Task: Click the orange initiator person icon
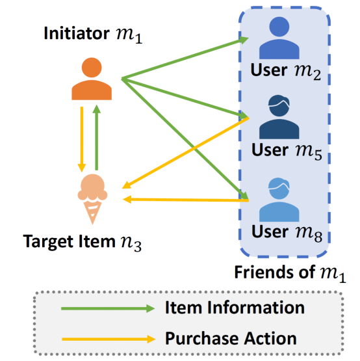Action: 92,79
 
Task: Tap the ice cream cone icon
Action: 92,199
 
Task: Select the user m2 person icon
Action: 279,38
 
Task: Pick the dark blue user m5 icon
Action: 279,117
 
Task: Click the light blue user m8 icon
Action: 279,200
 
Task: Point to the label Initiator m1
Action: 93,34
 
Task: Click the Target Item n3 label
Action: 83,243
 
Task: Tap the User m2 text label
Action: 286,71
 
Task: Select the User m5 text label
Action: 287,151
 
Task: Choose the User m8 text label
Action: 287,232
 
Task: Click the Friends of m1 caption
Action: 290,273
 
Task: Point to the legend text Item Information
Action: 235,308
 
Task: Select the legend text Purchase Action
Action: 231,339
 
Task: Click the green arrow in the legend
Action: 108,308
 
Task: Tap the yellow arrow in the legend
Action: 109,339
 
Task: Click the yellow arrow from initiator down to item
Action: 82,139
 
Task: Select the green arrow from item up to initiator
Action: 97,137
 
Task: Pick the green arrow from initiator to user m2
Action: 185,59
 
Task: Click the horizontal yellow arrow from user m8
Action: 186,200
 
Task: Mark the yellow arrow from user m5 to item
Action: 185,153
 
